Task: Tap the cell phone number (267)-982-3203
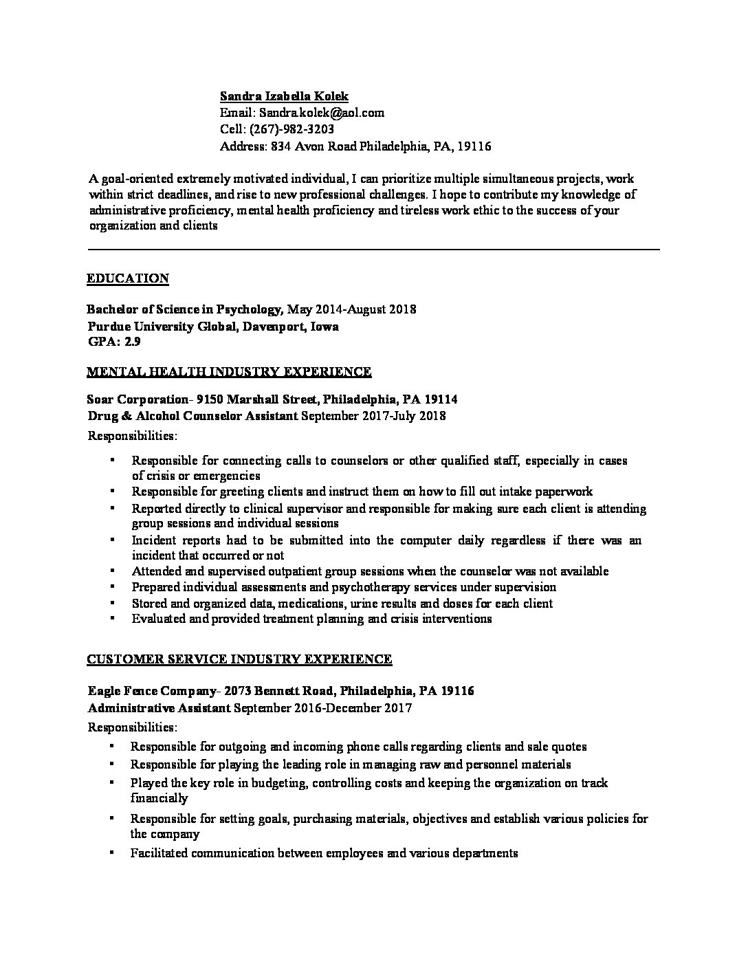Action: (x=292, y=129)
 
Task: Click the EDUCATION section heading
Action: (x=128, y=278)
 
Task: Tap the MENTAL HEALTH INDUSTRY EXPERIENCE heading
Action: (x=229, y=372)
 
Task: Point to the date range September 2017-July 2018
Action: (x=373, y=416)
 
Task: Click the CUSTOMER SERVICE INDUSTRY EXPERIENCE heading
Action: (x=239, y=659)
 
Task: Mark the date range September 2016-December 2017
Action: (x=322, y=707)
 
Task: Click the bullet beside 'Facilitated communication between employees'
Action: (x=111, y=853)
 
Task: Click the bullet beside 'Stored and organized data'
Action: (x=111, y=603)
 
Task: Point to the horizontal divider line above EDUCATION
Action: (x=374, y=250)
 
